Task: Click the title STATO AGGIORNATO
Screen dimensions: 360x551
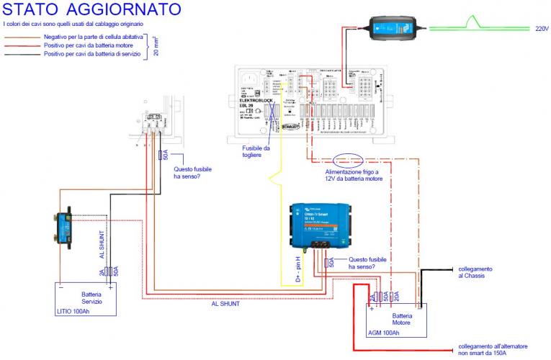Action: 91,10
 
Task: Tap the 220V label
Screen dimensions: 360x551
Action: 542,30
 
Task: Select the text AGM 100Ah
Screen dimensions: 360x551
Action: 383,333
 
